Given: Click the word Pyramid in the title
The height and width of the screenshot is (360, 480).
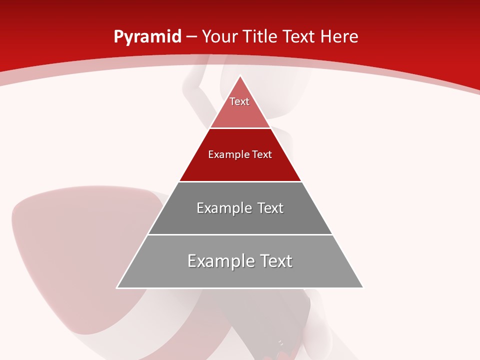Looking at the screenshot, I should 147,37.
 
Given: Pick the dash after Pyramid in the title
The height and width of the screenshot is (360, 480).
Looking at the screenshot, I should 191,37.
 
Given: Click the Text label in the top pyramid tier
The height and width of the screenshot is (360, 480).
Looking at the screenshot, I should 239,101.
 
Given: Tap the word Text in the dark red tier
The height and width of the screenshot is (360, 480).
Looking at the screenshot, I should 262,154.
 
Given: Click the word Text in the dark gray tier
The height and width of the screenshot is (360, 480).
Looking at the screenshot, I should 270,208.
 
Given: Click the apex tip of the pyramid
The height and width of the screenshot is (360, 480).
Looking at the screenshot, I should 240,76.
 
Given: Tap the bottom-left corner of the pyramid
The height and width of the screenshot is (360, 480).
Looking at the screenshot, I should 117,287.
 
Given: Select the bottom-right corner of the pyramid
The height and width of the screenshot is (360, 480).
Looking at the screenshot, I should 362,287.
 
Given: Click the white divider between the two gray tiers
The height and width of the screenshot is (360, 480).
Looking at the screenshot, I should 240,234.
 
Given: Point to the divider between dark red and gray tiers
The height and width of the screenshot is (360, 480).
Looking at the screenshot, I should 240,181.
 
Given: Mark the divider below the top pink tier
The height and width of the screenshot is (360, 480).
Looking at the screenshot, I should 240,128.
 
